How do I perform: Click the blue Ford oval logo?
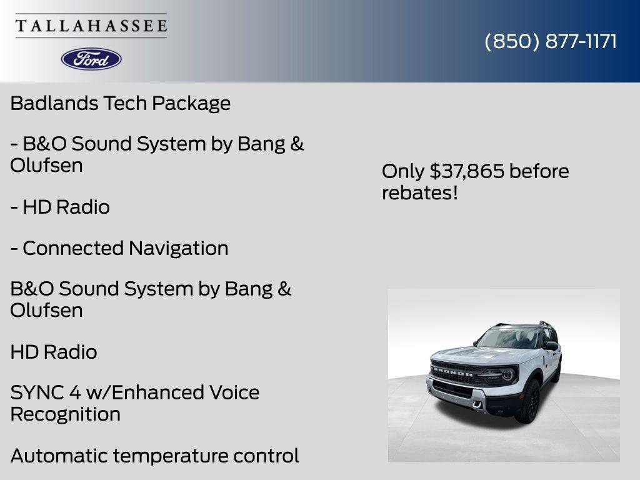(91, 59)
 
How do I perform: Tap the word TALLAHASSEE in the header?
(91, 26)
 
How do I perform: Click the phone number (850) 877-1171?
(551, 41)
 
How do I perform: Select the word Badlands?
(54, 103)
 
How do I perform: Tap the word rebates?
(419, 193)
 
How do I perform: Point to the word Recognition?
(65, 414)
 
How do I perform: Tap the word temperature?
(172, 456)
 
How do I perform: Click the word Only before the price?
(402, 171)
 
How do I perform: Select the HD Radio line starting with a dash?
(60, 207)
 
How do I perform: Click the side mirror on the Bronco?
(551, 346)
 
